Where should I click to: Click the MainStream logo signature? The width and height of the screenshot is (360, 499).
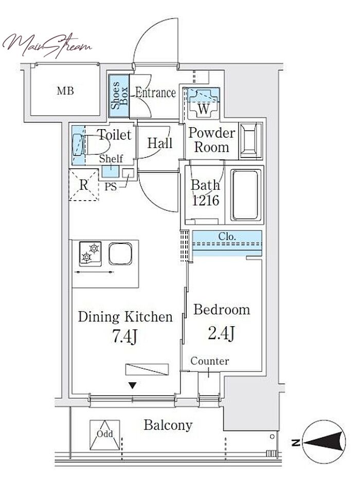47,45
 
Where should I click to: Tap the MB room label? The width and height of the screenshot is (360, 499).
65,91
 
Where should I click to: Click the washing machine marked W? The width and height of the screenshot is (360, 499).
203,103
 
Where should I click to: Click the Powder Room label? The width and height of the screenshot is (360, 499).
211,140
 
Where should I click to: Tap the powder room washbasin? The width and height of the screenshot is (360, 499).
250,140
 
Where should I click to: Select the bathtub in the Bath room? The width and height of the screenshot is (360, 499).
245,195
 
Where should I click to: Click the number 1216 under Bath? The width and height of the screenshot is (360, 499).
206,200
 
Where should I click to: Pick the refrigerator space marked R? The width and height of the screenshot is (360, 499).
84,185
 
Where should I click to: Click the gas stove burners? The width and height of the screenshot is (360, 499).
91,254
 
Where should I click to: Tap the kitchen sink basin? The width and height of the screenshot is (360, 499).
120,254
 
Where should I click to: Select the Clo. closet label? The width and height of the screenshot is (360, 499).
227,237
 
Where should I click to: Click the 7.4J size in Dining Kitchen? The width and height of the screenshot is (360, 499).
125,336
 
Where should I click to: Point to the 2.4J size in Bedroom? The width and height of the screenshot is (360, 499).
221,333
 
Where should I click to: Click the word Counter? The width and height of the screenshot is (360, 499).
210,361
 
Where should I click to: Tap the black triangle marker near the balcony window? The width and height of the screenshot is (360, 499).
133,386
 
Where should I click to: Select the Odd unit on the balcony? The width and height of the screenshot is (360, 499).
104,435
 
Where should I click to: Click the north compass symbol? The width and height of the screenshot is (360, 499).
323,442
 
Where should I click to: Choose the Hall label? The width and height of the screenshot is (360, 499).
159,143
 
